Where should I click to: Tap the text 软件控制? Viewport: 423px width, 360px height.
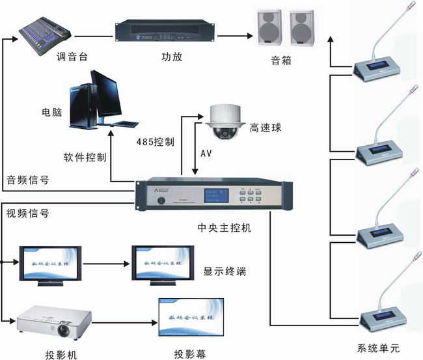pos(84,158)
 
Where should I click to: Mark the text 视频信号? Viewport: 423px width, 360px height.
pos(27,213)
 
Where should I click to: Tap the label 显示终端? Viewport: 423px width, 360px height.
pos(225,271)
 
